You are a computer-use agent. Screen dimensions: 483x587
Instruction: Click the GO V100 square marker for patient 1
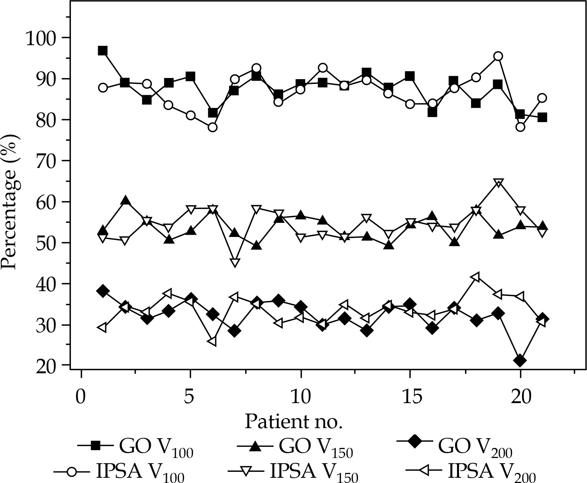[103, 51]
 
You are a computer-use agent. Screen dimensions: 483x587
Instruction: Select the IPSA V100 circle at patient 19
[498, 56]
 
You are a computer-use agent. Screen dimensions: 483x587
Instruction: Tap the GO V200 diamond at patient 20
[520, 361]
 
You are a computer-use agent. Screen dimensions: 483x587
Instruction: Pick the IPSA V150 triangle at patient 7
[235, 262]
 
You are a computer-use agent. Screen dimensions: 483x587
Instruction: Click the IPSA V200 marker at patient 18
[475, 277]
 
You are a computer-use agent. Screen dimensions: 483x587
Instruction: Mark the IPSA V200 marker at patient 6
[212, 341]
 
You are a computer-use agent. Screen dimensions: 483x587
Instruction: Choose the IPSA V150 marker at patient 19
[498, 183]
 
